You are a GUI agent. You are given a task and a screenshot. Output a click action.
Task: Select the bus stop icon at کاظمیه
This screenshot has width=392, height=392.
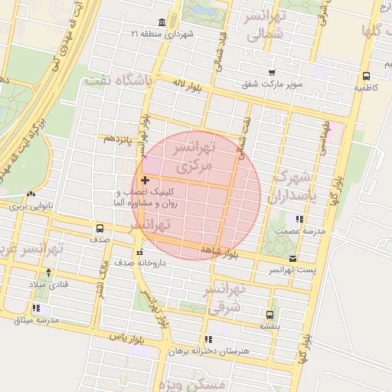pyautogui.click(x=366, y=77)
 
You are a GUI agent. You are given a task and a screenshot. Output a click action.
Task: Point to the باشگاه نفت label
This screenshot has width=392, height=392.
pyautogui.click(x=119, y=80)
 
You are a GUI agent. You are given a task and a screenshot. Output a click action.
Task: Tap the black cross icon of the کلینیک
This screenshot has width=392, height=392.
pyautogui.click(x=145, y=180)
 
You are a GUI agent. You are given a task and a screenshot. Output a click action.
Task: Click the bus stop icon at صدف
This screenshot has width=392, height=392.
pyautogui.click(x=99, y=228)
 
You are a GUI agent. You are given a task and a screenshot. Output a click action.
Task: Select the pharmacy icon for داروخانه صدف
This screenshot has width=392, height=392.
pyautogui.click(x=139, y=253)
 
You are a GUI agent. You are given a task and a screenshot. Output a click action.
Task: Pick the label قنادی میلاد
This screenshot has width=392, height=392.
pyautogui.click(x=48, y=284)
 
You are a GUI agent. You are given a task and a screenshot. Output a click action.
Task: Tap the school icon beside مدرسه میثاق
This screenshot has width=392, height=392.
pyautogui.click(x=37, y=309)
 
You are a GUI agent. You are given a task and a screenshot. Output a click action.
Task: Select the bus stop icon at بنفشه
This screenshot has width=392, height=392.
pyautogui.click(x=269, y=314)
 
